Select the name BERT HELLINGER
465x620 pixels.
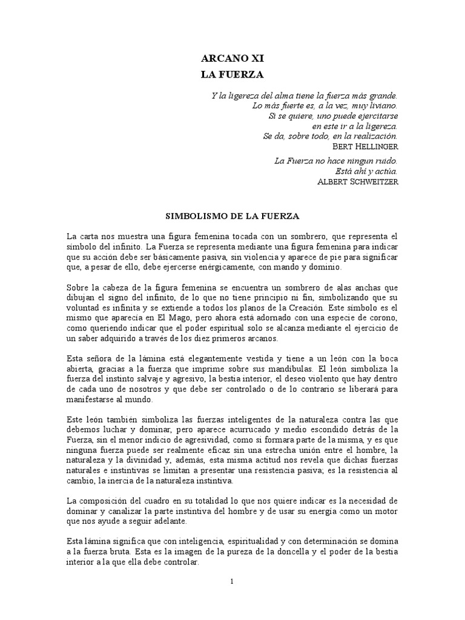pos(366,147)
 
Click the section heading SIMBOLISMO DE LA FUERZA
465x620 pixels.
pos(232,215)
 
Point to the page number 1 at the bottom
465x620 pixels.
pos(232,582)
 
